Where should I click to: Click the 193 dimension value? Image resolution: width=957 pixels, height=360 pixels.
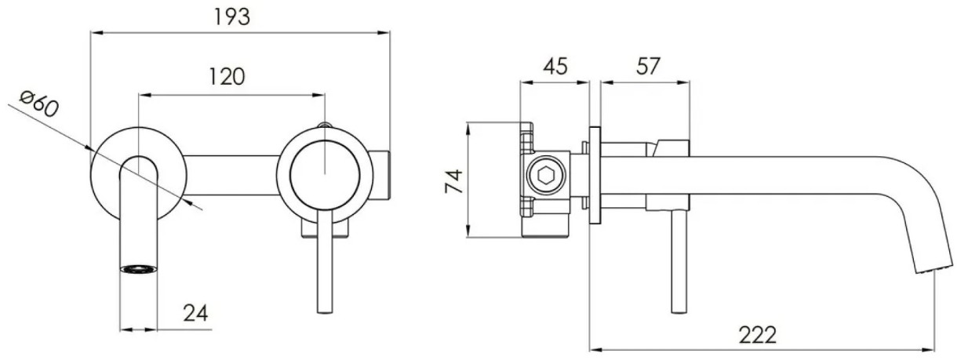tap(231, 17)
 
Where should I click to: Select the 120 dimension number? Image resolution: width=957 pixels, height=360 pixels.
tap(227, 78)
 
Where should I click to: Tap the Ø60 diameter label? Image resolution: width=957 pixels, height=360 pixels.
tap(39, 104)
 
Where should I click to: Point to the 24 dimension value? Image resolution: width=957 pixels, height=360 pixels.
tap(195, 314)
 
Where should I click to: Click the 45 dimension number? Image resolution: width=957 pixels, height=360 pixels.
tap(555, 67)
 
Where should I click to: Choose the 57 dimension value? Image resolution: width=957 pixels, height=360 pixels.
tap(648, 67)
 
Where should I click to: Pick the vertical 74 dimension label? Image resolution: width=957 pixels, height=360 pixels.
tap(453, 181)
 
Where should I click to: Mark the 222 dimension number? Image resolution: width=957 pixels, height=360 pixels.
tap(758, 336)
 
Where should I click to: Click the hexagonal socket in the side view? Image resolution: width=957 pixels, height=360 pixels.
tap(546, 175)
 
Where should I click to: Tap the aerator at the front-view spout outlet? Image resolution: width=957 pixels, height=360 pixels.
tap(138, 269)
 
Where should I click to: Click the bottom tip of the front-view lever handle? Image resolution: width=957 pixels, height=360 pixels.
tap(325, 312)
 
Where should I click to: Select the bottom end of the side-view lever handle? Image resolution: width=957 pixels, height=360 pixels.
tap(679, 311)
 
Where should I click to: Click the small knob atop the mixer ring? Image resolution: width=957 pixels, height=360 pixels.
tap(325, 125)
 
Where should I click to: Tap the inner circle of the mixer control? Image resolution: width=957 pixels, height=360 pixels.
tap(325, 175)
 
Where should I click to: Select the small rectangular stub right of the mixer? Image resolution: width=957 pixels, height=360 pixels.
tap(381, 175)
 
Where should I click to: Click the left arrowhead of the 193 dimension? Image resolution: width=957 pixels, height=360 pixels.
tap(96, 32)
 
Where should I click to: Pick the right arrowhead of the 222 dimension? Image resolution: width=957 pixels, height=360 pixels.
tap(929, 350)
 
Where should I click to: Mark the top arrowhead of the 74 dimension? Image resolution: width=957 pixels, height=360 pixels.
tap(468, 129)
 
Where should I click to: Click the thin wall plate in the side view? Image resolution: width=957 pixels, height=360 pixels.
tap(595, 175)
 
